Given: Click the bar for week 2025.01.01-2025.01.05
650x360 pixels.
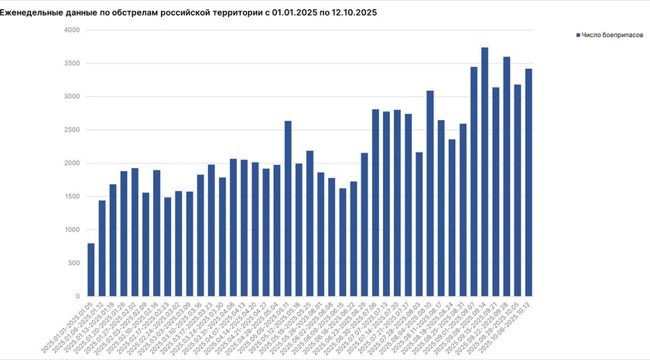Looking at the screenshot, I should tap(91, 270).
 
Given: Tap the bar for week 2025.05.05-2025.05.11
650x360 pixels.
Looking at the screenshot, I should tap(288, 208).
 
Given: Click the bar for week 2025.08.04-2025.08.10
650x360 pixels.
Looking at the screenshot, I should tap(430, 194).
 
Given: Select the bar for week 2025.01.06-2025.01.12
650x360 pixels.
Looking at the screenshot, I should tap(102, 249).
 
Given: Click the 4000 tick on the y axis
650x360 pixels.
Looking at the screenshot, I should tap(71, 30).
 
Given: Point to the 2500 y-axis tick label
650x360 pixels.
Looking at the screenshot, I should tap(71, 130).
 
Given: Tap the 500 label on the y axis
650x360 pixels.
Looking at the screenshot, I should tap(74, 263).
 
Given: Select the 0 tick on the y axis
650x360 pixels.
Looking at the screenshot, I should tap(77, 297).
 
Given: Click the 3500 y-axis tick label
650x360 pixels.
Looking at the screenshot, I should tap(71, 63).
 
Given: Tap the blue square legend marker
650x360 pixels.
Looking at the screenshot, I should tap(577, 36).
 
